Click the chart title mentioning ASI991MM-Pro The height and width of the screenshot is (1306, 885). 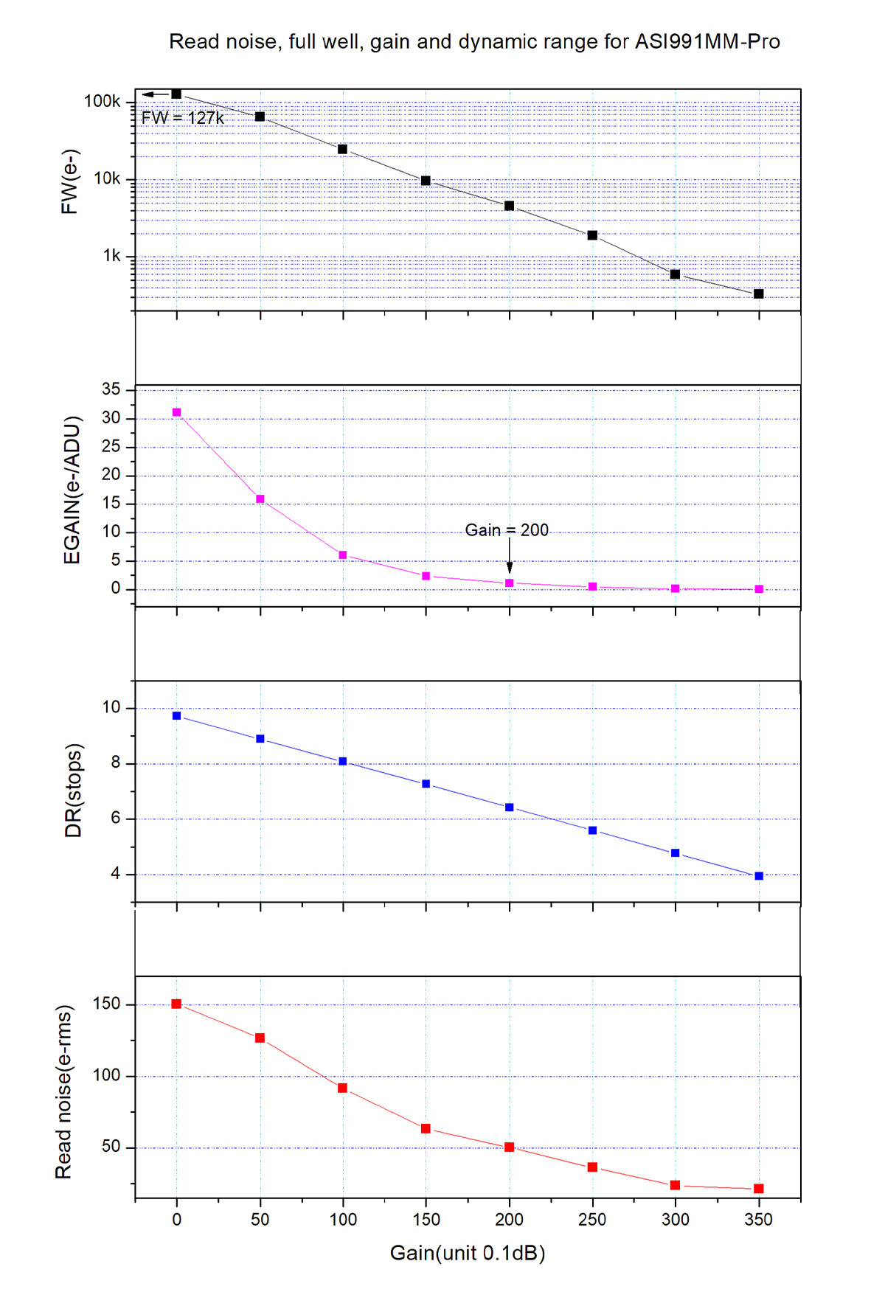tap(474, 42)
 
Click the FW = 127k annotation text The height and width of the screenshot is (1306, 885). tap(182, 118)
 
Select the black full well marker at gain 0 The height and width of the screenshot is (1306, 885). tap(176, 94)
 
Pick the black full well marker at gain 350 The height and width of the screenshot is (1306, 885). tap(759, 294)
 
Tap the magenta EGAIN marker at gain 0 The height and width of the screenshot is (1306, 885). tap(176, 413)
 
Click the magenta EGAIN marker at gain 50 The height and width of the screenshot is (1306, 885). tap(260, 499)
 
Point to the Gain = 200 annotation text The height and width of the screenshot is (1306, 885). tap(507, 530)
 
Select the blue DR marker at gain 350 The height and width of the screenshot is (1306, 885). tap(759, 876)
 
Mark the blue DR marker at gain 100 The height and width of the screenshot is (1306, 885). tap(343, 762)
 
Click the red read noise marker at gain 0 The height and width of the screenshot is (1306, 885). tap(176, 1004)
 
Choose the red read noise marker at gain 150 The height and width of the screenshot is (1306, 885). tap(426, 1129)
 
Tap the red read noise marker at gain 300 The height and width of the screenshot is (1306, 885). tap(675, 1185)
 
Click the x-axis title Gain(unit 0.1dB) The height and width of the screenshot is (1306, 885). tap(467, 1253)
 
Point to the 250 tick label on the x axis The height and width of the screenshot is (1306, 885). tap(592, 1220)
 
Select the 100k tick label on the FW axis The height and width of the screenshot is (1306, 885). tap(102, 102)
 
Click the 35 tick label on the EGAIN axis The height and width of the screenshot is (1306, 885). tap(111, 389)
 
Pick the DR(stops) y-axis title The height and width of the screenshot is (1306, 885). tap(73, 791)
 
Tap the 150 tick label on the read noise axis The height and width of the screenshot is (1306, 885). tap(105, 1004)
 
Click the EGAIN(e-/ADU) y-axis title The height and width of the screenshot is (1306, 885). tap(72, 490)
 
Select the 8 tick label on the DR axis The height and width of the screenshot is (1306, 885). tap(116, 763)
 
